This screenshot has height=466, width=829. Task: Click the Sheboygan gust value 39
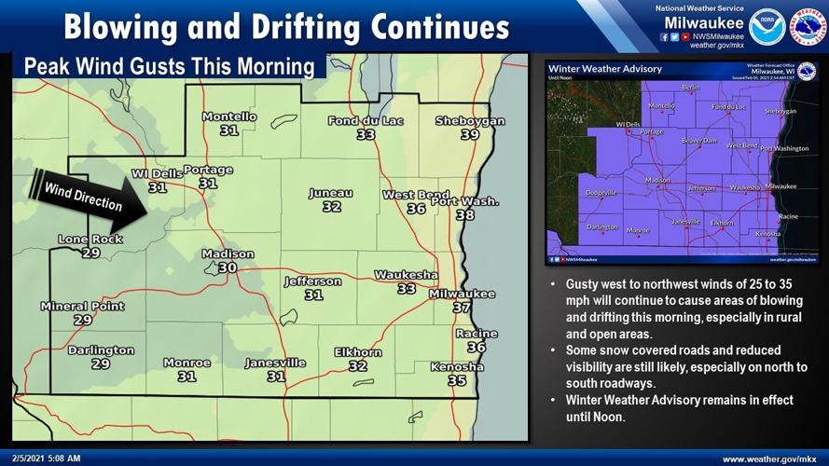point(469,134)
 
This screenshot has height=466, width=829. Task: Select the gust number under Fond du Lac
point(366,134)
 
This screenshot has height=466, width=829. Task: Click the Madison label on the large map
point(228,254)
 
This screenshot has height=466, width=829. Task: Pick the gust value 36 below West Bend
point(416,209)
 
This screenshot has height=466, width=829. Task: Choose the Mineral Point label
point(82,306)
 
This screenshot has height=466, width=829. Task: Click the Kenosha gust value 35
point(457,380)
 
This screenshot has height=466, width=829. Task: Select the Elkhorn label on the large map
point(358,352)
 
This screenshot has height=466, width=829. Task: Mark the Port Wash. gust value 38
point(464,215)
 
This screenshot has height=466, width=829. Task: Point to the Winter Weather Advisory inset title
point(605,69)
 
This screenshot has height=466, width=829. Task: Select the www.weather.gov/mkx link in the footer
point(770,459)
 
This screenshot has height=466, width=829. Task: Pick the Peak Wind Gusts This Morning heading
point(169,67)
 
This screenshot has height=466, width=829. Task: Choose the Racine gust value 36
point(477,347)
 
